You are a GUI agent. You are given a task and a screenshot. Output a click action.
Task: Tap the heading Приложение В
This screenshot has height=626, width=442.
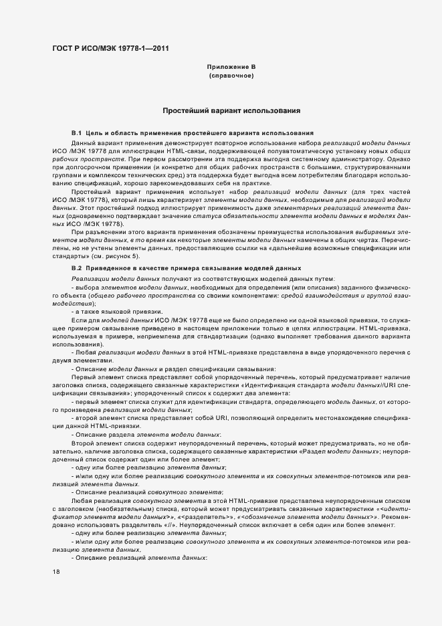231,68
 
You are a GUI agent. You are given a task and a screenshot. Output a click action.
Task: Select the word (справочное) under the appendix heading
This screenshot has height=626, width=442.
231,76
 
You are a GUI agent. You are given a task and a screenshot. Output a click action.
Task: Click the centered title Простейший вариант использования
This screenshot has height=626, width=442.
231,110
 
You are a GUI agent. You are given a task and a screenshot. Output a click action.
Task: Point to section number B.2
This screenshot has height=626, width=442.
77,268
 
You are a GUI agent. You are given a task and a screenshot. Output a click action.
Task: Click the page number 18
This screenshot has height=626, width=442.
56,572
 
